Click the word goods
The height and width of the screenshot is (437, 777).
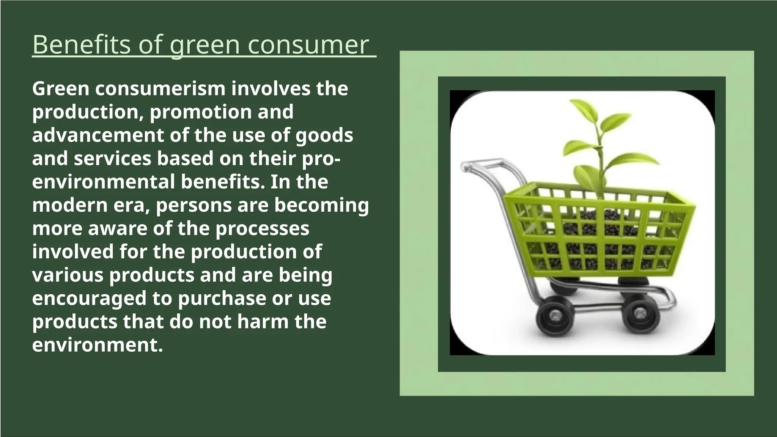(x=324, y=135)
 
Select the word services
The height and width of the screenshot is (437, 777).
(x=112, y=159)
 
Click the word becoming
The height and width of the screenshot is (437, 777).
(x=321, y=205)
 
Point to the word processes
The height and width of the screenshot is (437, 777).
(x=263, y=229)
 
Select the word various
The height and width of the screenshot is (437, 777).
(x=68, y=275)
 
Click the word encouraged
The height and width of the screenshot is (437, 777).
(x=89, y=299)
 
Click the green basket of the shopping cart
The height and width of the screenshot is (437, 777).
(x=599, y=231)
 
